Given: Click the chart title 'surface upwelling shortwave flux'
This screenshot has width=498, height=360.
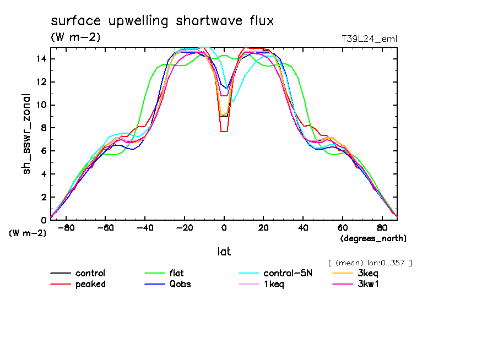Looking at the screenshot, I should click(x=162, y=21).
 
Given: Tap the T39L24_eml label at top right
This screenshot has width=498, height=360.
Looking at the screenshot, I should click(x=369, y=39).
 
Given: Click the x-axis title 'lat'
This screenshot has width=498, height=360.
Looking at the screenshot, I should click(x=224, y=252).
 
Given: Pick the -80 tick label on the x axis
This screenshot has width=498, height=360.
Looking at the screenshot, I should click(x=66, y=227).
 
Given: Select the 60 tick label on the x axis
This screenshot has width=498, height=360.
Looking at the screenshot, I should click(x=342, y=227).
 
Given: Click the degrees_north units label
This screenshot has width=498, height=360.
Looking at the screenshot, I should click(x=373, y=238).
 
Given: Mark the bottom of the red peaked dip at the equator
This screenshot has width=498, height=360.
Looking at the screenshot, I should click(x=224, y=132).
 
